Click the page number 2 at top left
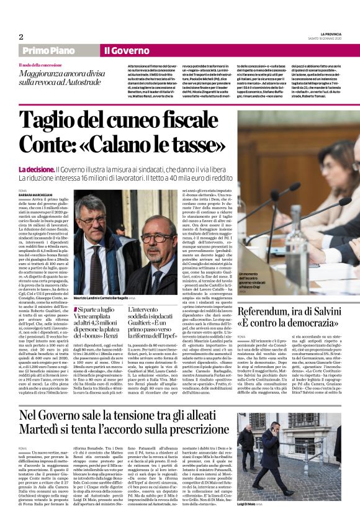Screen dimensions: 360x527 21,37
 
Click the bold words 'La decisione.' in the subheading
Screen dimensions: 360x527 36,169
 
